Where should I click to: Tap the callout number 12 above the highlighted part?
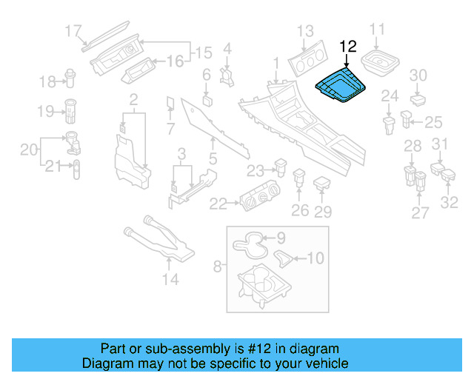click(348, 46)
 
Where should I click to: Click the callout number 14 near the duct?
click(170, 279)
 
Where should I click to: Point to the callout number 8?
click(218, 264)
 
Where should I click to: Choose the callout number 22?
click(218, 203)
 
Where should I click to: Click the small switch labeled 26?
click(300, 178)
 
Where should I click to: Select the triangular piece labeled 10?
click(283, 258)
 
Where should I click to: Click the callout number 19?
click(44, 111)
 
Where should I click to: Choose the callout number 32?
click(450, 202)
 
